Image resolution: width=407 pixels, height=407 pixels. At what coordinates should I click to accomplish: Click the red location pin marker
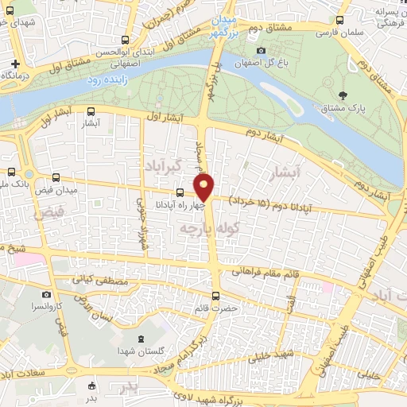[204, 187]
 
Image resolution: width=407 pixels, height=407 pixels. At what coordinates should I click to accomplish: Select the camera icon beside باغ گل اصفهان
[261, 51]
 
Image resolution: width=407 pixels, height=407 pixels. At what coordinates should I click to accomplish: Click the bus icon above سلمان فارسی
[340, 21]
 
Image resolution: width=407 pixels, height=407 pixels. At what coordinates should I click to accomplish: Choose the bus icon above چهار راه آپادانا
[180, 192]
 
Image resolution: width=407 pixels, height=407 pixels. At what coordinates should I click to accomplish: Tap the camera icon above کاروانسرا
[47, 294]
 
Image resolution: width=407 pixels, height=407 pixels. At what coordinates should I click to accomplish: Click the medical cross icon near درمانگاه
[15, 64]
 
